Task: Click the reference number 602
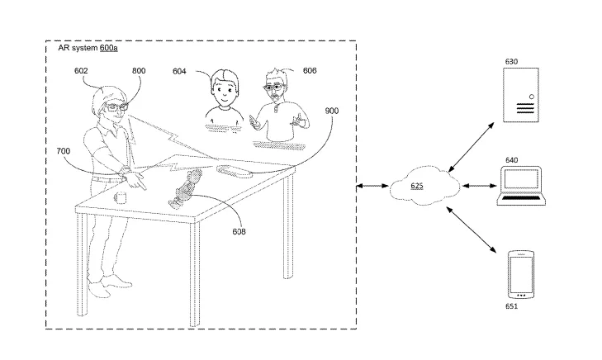tap(81, 71)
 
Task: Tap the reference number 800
tap(139, 71)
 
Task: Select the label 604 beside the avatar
tap(179, 71)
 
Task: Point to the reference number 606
tap(310, 70)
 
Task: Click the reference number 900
tap(332, 111)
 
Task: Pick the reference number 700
tap(64, 151)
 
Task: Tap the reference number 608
tap(239, 231)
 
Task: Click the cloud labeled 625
tap(424, 186)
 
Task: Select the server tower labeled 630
tap(521, 95)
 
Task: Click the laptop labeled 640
tap(521, 186)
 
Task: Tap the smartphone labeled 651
tap(521, 274)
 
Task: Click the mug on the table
tap(121, 197)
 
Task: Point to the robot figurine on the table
tap(185, 189)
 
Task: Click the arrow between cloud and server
tap(472, 147)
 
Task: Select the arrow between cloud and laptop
tap(480, 186)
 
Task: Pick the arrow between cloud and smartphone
tap(471, 230)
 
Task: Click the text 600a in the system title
tap(109, 48)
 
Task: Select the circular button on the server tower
tap(532, 97)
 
